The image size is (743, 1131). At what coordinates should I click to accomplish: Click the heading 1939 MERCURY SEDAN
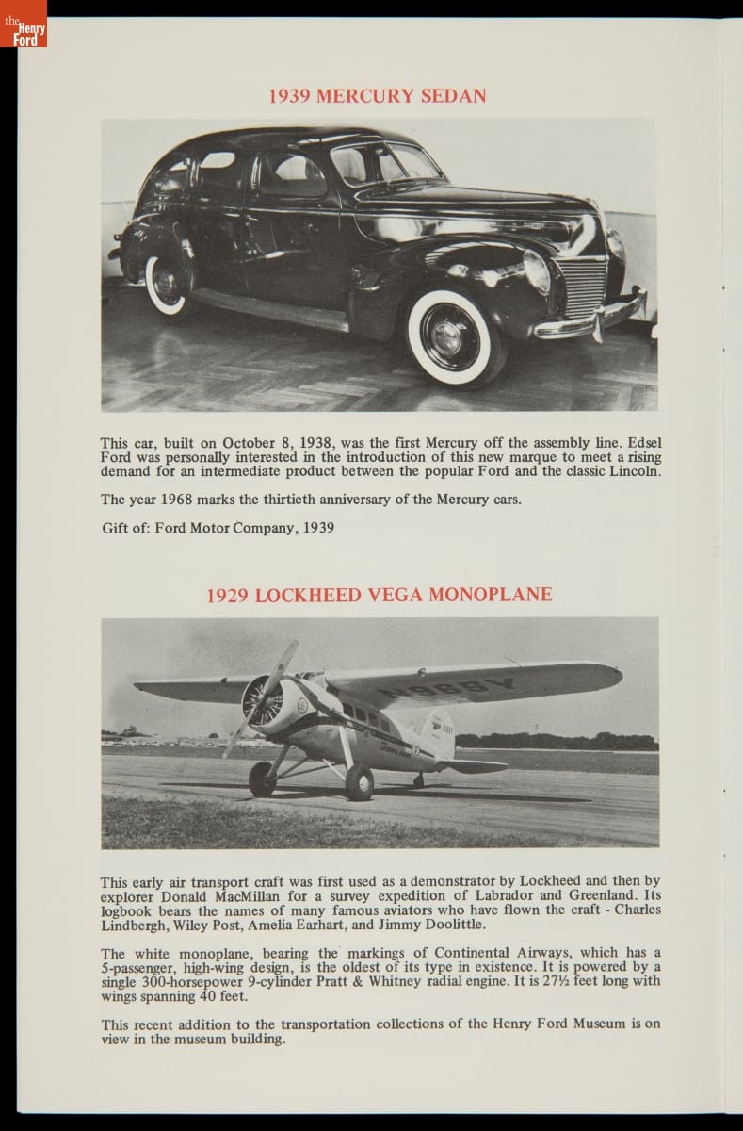click(378, 96)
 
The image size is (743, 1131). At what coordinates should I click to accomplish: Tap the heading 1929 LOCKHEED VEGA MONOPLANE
click(380, 595)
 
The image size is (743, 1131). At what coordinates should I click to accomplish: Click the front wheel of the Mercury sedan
click(455, 336)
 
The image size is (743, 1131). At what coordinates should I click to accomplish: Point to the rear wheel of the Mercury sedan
click(168, 284)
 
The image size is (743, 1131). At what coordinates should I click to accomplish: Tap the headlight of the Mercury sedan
click(537, 271)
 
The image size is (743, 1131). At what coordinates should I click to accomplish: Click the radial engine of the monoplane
click(265, 704)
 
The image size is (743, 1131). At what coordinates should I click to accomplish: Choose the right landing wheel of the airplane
click(359, 782)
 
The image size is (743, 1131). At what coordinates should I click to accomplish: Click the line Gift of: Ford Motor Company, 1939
click(218, 528)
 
